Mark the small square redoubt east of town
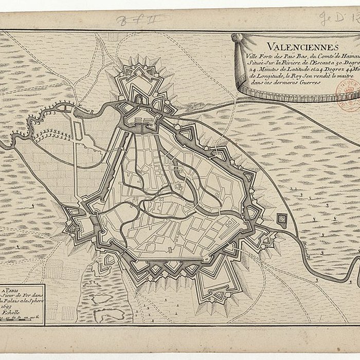282,220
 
